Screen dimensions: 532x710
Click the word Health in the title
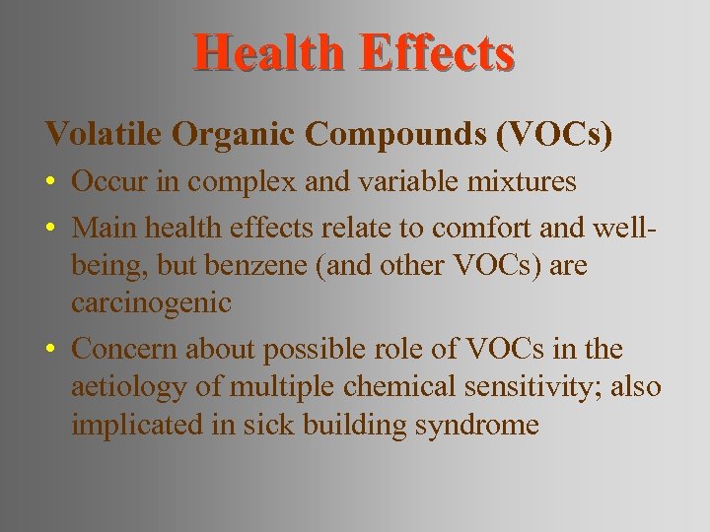coord(268,53)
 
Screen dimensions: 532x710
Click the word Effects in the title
coord(437,53)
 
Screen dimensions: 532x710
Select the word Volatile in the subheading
coord(104,134)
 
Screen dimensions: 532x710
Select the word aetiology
coord(126,388)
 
